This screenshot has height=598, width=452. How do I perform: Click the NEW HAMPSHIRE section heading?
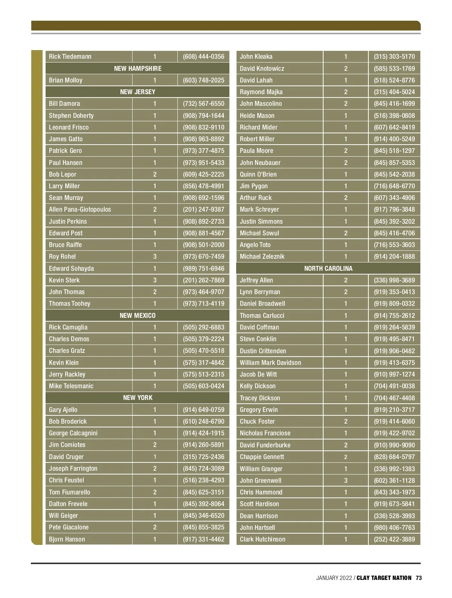137,69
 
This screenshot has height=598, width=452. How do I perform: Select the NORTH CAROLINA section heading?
328,268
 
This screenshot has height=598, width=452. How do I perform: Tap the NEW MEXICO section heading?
137,316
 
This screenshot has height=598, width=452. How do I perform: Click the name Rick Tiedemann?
70,57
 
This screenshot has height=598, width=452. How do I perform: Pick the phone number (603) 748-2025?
203,80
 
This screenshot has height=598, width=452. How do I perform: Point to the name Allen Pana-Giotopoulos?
80,209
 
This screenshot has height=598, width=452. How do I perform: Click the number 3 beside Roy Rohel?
155,256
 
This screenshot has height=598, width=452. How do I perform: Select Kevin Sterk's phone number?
203,280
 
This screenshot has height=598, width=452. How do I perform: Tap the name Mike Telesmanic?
71,386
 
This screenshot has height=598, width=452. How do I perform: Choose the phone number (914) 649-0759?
203,410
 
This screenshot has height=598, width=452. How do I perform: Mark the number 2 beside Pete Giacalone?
155,527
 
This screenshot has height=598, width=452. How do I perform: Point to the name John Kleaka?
256,57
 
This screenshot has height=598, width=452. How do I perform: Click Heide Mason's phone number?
394,116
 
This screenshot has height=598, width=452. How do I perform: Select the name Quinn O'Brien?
258,174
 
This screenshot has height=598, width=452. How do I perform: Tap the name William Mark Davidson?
270,363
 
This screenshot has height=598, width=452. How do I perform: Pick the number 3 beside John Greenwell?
346,481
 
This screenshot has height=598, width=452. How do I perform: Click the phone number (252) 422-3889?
394,539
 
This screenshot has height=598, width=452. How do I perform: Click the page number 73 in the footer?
419,578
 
